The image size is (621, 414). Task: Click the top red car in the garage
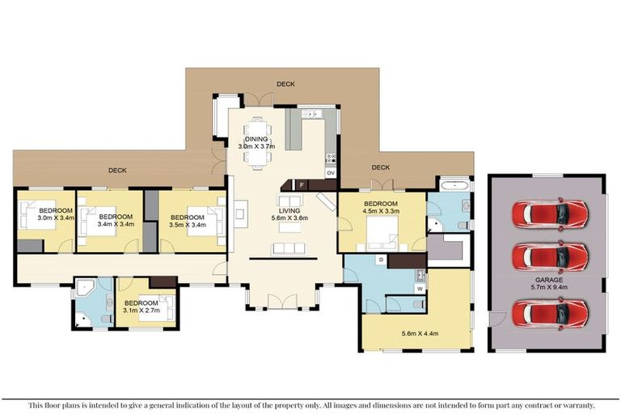click(550, 214)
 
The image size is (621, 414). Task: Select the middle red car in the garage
click(550, 256)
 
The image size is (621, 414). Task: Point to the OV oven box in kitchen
click(331, 173)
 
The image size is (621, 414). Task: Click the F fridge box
click(302, 185)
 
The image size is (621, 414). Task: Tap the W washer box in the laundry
click(420, 289)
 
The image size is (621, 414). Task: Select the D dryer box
click(382, 260)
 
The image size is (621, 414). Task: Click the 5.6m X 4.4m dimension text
click(420, 334)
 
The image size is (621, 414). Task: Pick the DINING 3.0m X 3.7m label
click(256, 142)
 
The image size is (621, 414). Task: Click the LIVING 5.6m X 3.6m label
click(289, 214)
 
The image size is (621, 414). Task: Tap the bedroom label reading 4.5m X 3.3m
click(381, 208)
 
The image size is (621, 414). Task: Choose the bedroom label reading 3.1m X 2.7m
click(142, 306)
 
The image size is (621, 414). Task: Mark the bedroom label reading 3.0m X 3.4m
click(56, 214)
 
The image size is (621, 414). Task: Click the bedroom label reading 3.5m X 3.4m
click(188, 221)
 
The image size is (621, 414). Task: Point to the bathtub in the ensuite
click(454, 185)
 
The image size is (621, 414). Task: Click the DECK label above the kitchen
click(285, 84)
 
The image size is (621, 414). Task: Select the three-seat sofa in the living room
click(289, 249)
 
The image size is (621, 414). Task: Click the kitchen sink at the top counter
click(312, 114)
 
